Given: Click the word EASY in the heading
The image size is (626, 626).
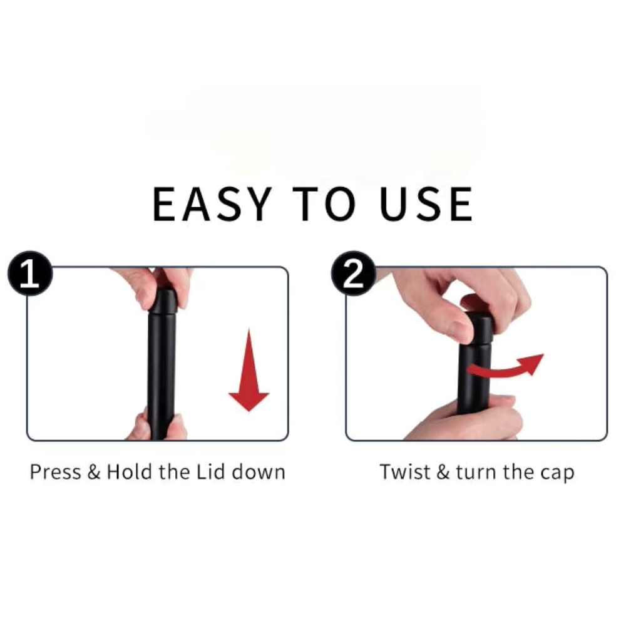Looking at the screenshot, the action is pos(212,204).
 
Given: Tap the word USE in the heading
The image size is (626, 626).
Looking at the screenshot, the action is pos(426,204).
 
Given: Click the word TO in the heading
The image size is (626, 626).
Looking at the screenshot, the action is pos(324,204).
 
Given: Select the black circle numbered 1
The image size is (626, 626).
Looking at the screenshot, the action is pos(30,274).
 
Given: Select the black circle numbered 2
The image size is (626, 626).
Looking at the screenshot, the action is pos(354,274).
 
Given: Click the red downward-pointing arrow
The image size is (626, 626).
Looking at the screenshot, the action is pos(249,370).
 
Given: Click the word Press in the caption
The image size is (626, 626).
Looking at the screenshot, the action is pos(56,472).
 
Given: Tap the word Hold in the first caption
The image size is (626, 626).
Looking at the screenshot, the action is pos(130,471).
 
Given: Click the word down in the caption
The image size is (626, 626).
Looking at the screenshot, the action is pos(259,471).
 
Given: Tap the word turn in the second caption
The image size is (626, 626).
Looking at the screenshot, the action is pos(476,472).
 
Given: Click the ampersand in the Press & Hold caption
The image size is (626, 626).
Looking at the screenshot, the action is pos(94,472).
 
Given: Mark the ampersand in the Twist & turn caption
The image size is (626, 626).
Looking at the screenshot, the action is pos(443,472).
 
